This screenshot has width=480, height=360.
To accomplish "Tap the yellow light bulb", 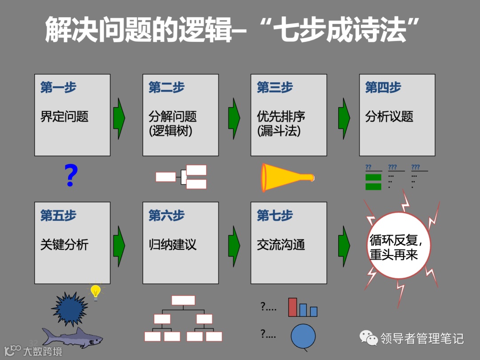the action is click(x=95, y=292).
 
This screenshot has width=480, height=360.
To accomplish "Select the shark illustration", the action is click(x=72, y=338).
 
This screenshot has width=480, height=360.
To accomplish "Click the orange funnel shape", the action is click(x=287, y=177).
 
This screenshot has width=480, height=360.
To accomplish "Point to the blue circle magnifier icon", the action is click(x=303, y=336).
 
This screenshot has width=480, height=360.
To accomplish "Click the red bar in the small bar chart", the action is click(x=292, y=307).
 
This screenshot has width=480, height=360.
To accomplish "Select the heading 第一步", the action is click(x=58, y=88).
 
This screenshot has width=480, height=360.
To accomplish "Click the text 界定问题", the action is click(x=64, y=116).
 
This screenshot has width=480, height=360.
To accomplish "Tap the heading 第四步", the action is click(x=383, y=88).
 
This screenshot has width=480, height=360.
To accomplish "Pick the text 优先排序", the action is click(x=281, y=116).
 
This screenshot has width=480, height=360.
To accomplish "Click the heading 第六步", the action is click(x=166, y=216).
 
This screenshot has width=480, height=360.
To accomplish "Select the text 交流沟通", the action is click(x=281, y=244).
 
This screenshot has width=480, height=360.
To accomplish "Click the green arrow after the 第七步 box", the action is click(x=344, y=246).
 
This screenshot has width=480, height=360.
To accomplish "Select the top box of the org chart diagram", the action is click(x=183, y=300).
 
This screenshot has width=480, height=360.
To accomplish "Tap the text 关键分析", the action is click(x=64, y=244).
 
